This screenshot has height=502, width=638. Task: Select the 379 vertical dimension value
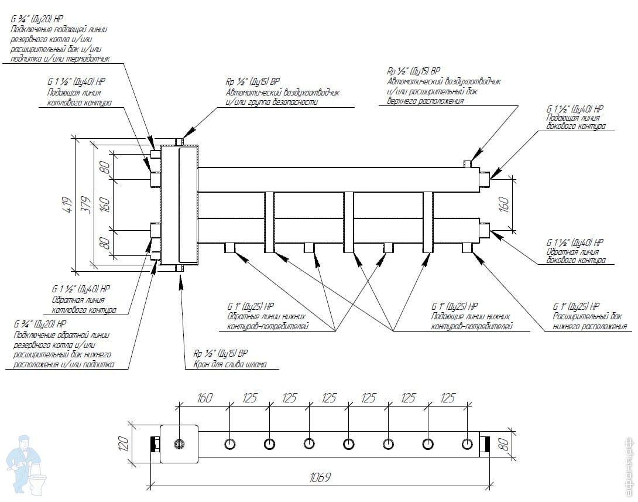[87, 204]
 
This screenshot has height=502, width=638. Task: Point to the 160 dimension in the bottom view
[204, 398]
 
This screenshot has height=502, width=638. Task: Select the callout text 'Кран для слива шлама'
[226, 364]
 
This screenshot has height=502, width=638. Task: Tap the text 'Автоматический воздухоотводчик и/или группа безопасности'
[283, 97]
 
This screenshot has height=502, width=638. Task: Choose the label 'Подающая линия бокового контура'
[576, 122]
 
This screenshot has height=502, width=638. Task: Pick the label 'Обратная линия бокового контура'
[576, 255]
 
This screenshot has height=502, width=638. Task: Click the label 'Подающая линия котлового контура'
[79, 98]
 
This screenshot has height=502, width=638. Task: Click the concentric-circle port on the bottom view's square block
[179, 443]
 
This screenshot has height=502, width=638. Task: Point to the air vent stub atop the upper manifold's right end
[468, 162]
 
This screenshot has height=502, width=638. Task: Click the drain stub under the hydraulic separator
[180, 268]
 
